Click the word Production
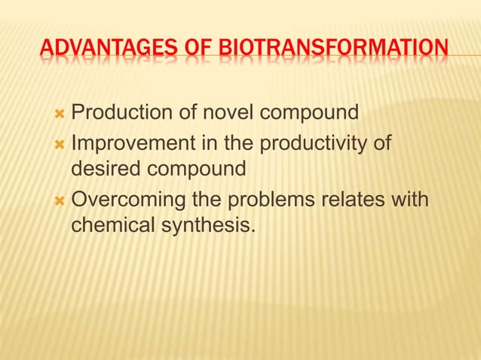[124, 114]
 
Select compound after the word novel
[308, 115]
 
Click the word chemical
[111, 225]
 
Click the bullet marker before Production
[60, 114]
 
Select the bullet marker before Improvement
[60, 143]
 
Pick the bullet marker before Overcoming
[60, 200]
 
